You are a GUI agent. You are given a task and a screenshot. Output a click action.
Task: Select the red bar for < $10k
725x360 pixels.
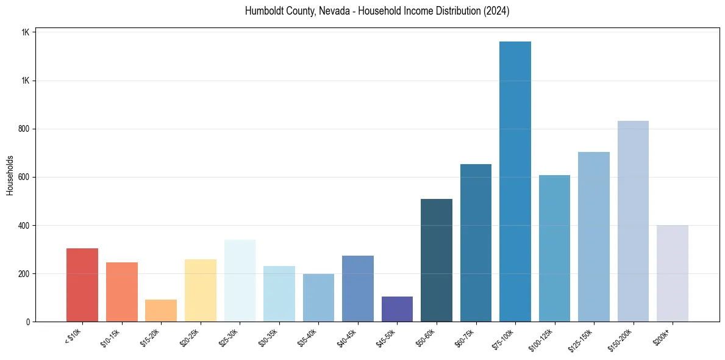click(x=82, y=284)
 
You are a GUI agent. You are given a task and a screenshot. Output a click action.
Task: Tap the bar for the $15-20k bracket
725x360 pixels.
click(x=161, y=311)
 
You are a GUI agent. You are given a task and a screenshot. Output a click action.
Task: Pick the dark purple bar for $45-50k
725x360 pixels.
click(x=397, y=309)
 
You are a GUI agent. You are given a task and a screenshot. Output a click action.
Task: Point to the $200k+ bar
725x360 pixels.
click(x=673, y=273)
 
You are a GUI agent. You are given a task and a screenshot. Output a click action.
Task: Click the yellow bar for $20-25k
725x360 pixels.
click(x=201, y=290)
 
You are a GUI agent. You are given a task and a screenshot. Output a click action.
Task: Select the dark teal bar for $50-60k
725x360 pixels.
click(x=437, y=260)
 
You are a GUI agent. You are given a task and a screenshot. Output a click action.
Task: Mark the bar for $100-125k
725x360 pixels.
click(x=554, y=248)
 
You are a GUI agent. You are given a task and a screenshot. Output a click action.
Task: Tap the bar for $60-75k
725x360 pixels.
click(x=476, y=242)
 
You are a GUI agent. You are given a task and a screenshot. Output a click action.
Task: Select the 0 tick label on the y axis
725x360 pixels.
click(x=28, y=322)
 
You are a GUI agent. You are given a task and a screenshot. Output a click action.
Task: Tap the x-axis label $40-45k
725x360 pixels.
click(x=347, y=336)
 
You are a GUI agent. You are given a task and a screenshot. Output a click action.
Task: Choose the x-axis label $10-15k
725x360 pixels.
click(x=111, y=336)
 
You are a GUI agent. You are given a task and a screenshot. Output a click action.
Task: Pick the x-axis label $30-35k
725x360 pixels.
click(x=268, y=336)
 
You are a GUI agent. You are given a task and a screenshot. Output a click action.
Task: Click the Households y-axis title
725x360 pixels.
click(x=10, y=175)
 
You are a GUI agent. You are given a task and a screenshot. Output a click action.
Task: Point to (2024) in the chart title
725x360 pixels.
click(x=496, y=11)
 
